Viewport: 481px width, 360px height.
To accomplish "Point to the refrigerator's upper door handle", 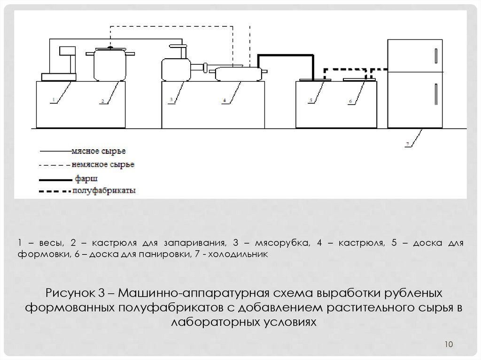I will tap(436, 56).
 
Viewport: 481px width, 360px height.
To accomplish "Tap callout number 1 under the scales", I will tap(54, 100).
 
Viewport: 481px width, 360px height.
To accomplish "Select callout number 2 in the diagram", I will tap(101, 100).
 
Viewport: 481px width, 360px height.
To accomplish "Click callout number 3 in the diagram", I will tap(171, 100).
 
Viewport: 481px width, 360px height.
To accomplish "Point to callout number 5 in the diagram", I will tap(311, 100).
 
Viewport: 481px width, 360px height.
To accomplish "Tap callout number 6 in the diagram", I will tap(350, 100).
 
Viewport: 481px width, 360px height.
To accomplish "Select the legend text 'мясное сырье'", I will tap(99, 151).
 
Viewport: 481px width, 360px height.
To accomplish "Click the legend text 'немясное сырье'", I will tap(103, 165).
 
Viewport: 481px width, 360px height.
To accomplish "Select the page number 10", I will tap(447, 345).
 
